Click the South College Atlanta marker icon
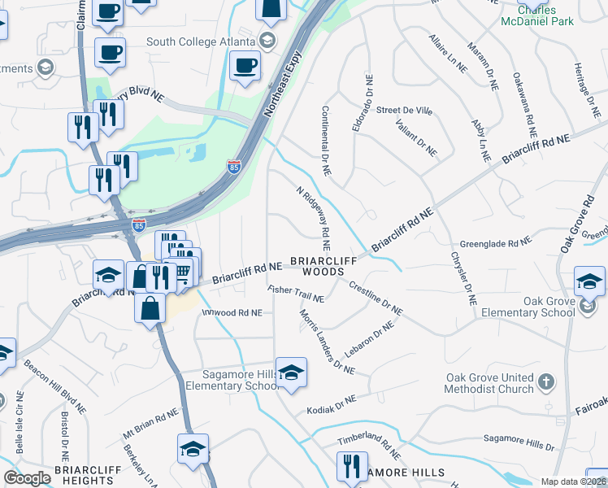[267, 39]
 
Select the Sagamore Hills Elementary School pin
[290, 373]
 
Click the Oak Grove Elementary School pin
[589, 282]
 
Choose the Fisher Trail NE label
[296, 294]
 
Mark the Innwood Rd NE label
[232, 312]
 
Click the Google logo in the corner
[27, 478]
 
